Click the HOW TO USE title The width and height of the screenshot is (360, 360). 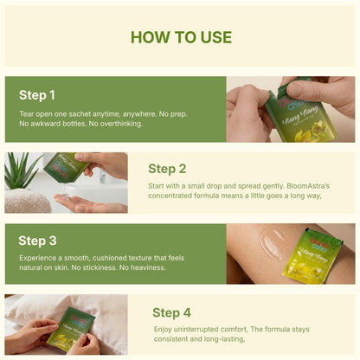(180, 37)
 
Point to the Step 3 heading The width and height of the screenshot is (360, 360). (37, 241)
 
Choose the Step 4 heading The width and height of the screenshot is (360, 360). (171, 312)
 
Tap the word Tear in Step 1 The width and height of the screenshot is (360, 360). (27, 113)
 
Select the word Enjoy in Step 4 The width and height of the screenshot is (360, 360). (163, 331)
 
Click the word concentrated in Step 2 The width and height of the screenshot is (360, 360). (173, 196)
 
